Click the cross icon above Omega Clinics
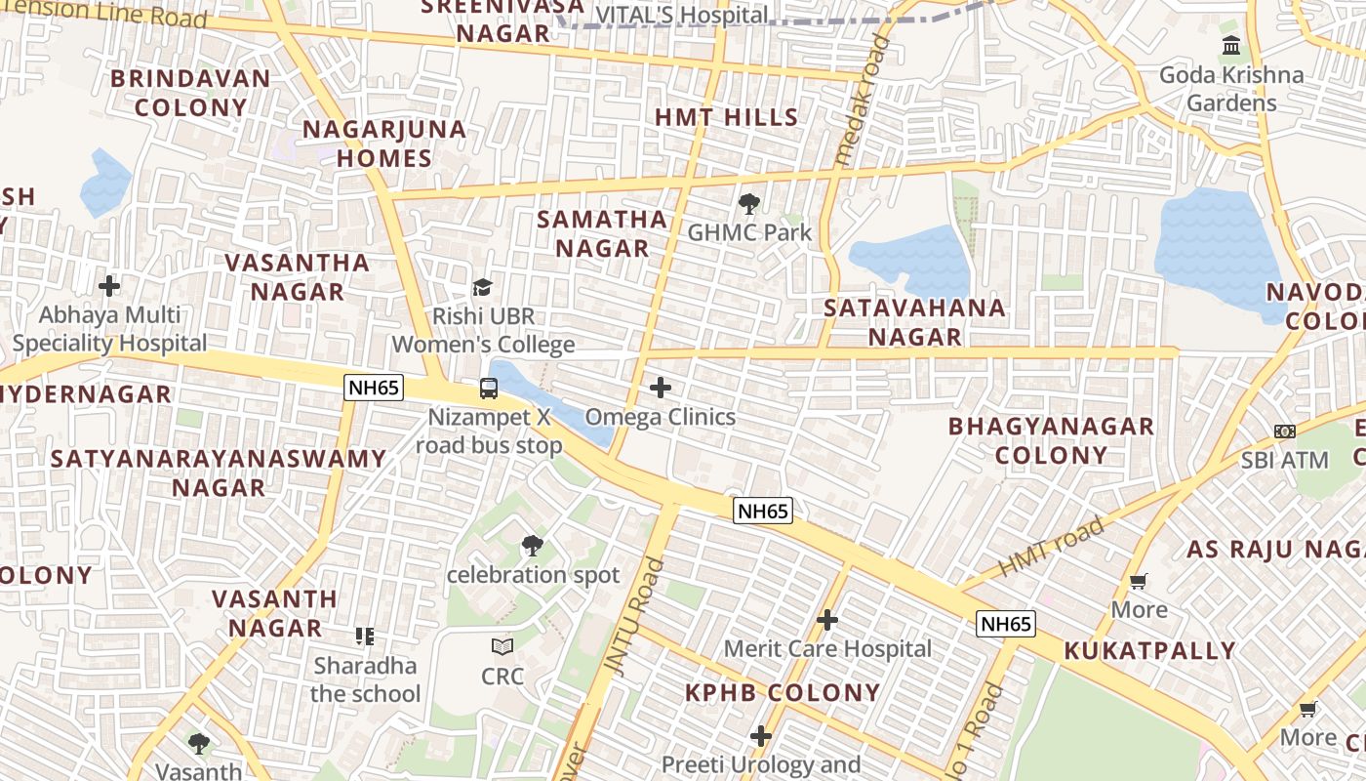[x=661, y=388]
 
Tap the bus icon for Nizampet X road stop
[x=488, y=389]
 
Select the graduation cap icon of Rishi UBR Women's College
[x=482, y=287]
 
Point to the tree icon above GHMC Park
[x=749, y=204]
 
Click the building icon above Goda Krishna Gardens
[x=1231, y=46]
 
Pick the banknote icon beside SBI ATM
[x=1285, y=431]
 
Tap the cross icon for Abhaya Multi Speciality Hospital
[x=109, y=286]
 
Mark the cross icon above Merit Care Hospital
[x=827, y=620]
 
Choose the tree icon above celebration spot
[x=532, y=546]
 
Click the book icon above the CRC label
[x=502, y=646]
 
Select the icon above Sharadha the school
[x=365, y=637]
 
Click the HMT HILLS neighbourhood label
[x=726, y=117]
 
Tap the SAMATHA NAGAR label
[x=602, y=233]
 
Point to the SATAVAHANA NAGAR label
[x=914, y=322]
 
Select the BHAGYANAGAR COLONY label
[x=1051, y=440]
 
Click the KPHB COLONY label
[x=782, y=692]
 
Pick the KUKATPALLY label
[x=1149, y=650]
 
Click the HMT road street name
[x=1052, y=547]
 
